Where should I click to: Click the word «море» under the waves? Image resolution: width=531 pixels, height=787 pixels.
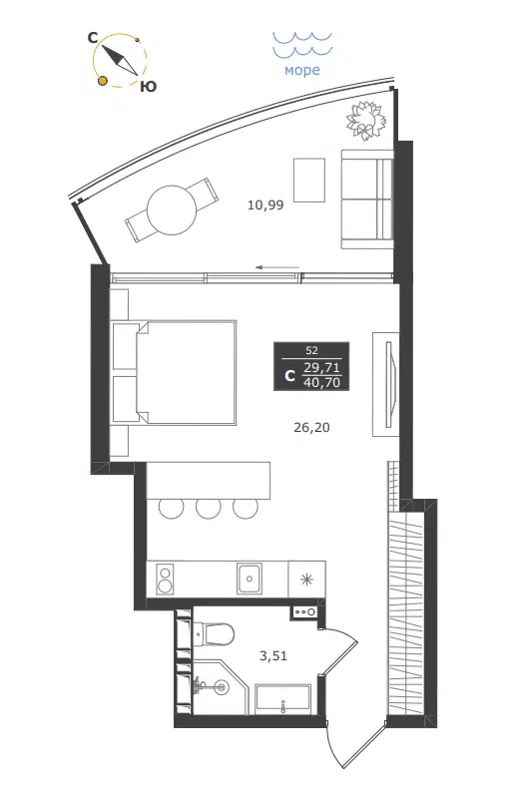pos(301,70)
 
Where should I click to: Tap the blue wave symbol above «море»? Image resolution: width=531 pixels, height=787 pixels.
pos(301,44)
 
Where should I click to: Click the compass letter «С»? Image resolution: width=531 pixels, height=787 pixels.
pos(93,38)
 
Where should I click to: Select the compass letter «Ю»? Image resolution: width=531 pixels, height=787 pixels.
pos(148,87)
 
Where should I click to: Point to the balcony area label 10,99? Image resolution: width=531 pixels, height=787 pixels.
pos(265,204)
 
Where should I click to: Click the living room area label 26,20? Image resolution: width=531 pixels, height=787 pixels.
pos(311,428)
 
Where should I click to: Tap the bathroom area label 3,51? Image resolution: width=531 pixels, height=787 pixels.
pos(273,655)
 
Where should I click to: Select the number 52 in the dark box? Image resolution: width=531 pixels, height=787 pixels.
pos(311,350)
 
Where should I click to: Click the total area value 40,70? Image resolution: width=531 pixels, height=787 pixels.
pos(322,383)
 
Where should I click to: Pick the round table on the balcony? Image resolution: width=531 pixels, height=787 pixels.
pos(172,210)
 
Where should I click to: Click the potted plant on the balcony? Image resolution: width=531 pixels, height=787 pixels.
pos(365,120)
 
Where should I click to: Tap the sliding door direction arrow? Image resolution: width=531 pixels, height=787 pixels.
pos(277,267)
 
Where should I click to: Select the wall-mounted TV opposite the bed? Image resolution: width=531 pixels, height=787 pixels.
pos(390,384)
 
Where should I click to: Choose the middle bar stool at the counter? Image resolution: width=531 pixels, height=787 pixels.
pos(209,508)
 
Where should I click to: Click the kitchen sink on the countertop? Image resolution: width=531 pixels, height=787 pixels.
pos(250,579)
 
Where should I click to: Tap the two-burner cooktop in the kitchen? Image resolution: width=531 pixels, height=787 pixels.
pos(165,579)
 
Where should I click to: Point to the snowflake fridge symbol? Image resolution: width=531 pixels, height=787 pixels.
pos(306,580)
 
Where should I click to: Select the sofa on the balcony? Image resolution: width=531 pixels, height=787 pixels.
pos(366,199)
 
